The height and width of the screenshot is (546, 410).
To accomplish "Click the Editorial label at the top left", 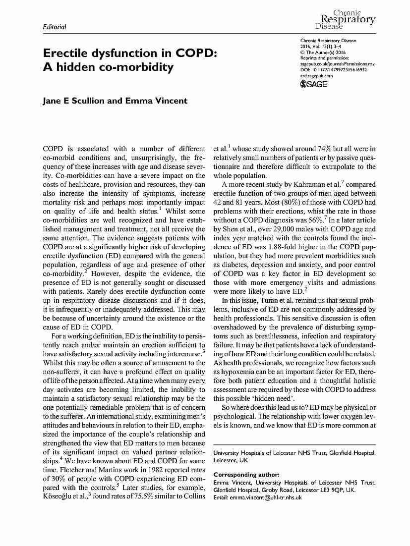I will [55, 26].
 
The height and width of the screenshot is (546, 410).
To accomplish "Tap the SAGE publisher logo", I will [314, 85].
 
